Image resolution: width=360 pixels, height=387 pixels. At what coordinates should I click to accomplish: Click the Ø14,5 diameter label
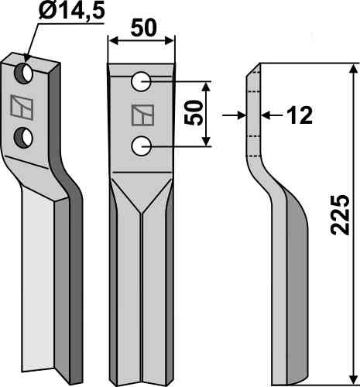72,12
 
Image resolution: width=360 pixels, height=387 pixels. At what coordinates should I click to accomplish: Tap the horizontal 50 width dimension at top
143,28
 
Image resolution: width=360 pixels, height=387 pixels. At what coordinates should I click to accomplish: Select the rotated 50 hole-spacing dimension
194,113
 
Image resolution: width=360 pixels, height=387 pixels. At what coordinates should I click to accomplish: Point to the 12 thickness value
300,115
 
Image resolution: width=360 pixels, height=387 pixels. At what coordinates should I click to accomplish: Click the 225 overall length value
340,215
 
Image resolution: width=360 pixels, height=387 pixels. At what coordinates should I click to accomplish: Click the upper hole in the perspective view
24,73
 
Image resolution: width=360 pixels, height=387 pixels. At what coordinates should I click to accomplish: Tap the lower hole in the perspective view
23,138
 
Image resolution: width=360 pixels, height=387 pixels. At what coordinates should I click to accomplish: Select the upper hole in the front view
141,82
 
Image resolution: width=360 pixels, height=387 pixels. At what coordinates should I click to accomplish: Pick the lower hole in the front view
141,146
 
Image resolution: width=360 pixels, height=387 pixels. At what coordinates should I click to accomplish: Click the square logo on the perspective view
22,108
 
